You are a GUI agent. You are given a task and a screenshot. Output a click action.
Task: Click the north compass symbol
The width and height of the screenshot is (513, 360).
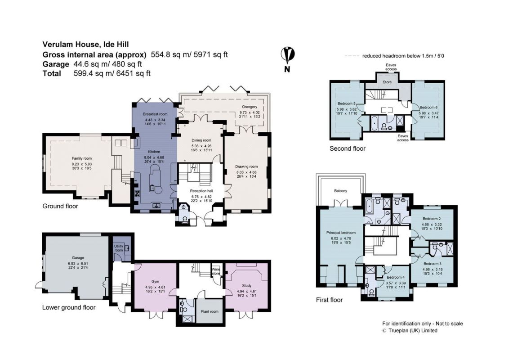click(288, 59)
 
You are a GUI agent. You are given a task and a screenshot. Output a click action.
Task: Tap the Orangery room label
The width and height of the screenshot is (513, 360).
click(250, 107)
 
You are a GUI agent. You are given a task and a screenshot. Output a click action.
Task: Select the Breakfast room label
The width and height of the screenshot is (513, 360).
click(155, 114)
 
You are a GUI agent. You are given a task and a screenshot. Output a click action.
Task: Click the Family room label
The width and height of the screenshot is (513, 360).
click(82, 158)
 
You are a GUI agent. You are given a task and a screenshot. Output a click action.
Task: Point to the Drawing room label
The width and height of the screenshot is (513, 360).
click(246, 166)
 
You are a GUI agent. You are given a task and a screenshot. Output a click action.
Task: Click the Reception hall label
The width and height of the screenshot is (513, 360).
click(201, 191)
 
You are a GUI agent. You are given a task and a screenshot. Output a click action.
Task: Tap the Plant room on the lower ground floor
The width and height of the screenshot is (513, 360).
click(210, 311)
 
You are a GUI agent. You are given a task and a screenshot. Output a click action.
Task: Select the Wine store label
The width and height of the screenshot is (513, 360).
click(216, 271)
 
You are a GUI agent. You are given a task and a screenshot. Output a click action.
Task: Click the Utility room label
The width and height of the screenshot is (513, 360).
click(118, 248)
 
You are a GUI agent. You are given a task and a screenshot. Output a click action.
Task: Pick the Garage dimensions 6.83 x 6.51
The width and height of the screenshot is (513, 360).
click(78, 263)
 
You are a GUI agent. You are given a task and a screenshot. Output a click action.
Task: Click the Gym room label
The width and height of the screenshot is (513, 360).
click(156, 281)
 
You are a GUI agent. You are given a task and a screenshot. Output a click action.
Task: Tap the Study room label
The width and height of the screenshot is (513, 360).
click(247, 286)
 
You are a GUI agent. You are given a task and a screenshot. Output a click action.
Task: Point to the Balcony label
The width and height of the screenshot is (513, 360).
click(341, 191)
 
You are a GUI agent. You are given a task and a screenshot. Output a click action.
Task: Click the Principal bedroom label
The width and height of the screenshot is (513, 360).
click(341, 233)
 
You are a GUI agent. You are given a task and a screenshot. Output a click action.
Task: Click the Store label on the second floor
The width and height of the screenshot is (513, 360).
click(387, 82)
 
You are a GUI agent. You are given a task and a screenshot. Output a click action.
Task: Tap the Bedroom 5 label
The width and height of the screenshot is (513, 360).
click(347, 103)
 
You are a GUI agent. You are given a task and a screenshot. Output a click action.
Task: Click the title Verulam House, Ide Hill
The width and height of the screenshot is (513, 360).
click(86, 44)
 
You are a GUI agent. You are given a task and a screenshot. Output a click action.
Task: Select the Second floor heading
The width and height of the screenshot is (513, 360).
click(348, 148)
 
